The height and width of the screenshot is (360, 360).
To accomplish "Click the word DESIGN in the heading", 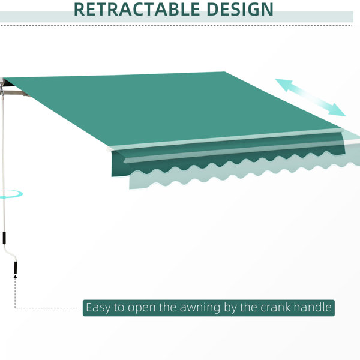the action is point(240,10).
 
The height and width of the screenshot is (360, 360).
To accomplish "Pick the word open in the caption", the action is point(142,308).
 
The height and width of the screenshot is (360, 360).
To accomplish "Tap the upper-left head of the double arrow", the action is point(284,84).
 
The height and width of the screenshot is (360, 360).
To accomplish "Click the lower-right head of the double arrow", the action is point(336,110).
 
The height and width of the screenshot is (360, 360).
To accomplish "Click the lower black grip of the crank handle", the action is point(16,268).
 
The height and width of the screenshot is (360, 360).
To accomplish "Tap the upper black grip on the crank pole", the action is point(4,238).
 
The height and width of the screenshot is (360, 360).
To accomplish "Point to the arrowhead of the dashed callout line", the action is point(15,277).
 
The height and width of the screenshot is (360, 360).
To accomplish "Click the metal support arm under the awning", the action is point(16,93).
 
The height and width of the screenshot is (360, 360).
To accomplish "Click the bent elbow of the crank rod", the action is point(10,253).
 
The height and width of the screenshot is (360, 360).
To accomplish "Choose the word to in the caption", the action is point(119,308).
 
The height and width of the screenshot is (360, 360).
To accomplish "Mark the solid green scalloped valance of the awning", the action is point(227,156).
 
